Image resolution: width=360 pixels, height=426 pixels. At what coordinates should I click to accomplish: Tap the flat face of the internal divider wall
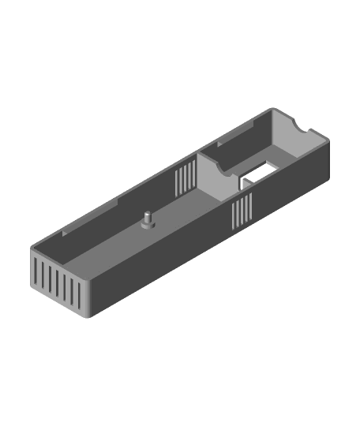coord(212,180)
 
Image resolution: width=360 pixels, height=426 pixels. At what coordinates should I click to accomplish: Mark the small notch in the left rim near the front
coord(64,234)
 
